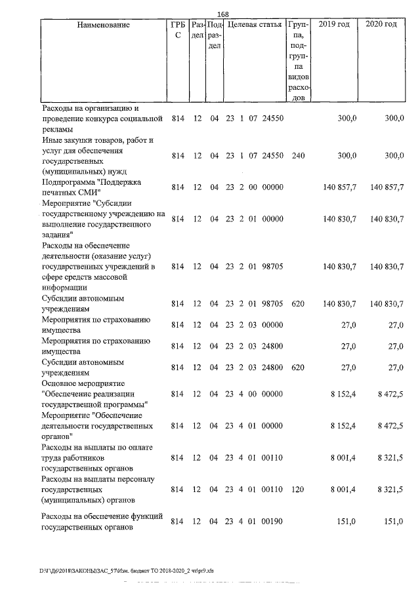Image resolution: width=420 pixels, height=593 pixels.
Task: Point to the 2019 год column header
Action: (333, 25)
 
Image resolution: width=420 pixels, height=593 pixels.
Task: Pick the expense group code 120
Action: (297, 489)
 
